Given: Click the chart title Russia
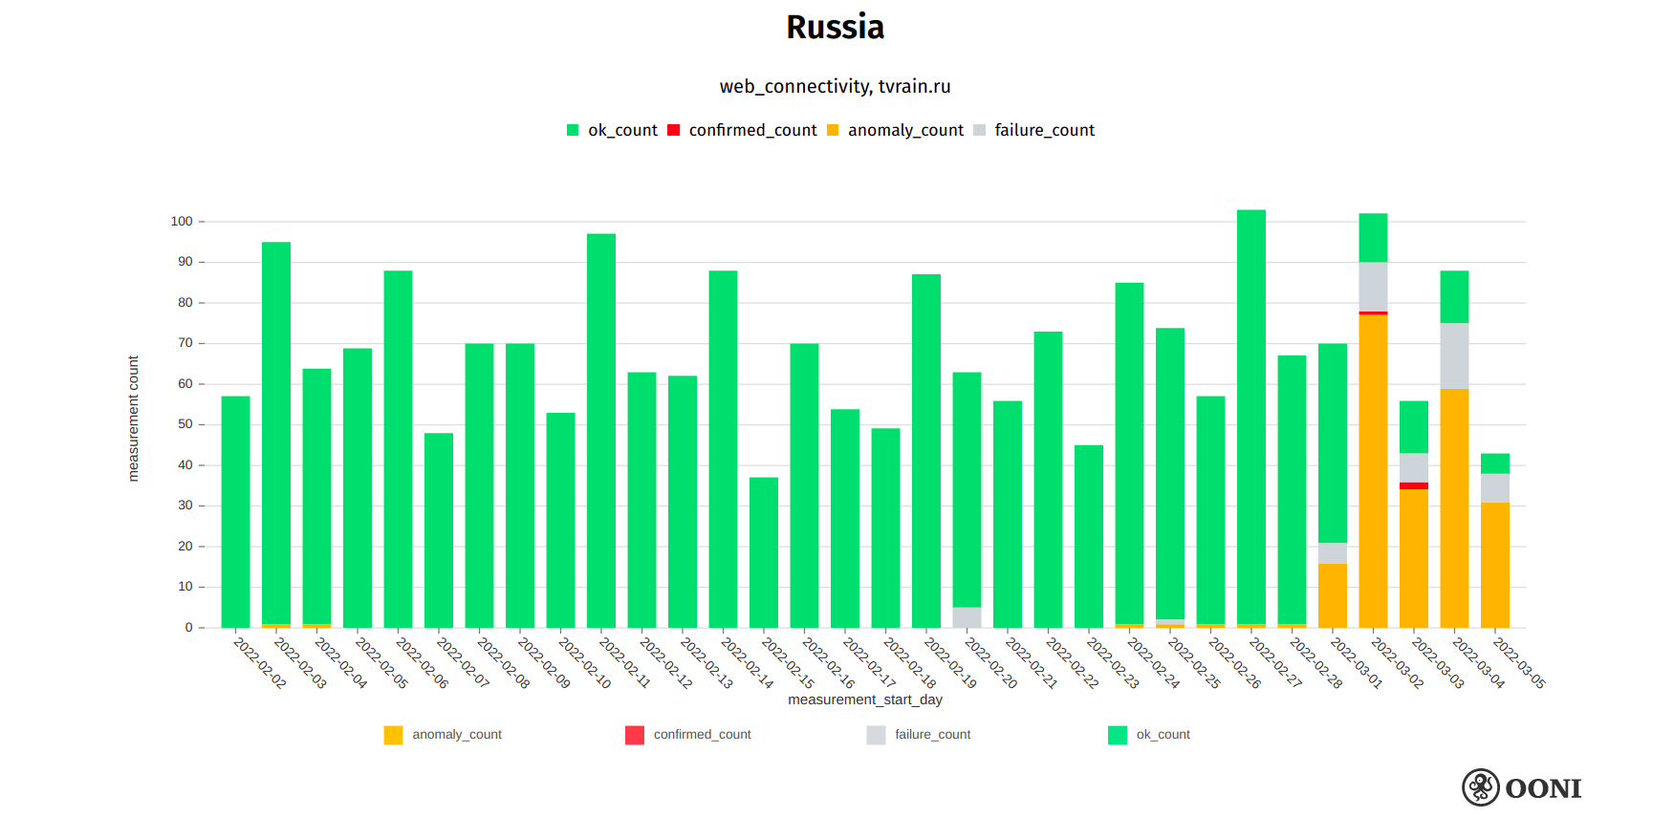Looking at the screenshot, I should [x=835, y=27].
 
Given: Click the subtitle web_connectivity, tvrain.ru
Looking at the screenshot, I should [x=835, y=86].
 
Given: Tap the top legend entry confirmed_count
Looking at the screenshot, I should [x=751, y=130].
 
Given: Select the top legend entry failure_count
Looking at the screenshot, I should [x=1043, y=130].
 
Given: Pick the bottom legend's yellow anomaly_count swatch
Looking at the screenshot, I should [x=393, y=735].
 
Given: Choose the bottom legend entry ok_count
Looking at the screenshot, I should [x=1162, y=735].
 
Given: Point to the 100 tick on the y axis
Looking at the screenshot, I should [x=182, y=222].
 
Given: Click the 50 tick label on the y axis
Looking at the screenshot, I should [x=185, y=424].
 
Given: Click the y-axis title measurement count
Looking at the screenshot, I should [x=133, y=419].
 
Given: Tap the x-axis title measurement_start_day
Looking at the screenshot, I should [x=864, y=699].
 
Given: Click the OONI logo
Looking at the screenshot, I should [x=1521, y=787].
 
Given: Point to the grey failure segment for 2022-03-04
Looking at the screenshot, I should [x=1454, y=355].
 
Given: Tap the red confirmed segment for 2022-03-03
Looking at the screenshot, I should [x=1413, y=485].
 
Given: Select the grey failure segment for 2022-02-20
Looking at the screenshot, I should [x=967, y=617].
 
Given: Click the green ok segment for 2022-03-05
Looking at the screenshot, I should [x=1494, y=463].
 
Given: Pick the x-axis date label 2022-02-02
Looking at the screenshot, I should [x=259, y=662].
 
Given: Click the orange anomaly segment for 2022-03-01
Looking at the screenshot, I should [x=1332, y=595].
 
